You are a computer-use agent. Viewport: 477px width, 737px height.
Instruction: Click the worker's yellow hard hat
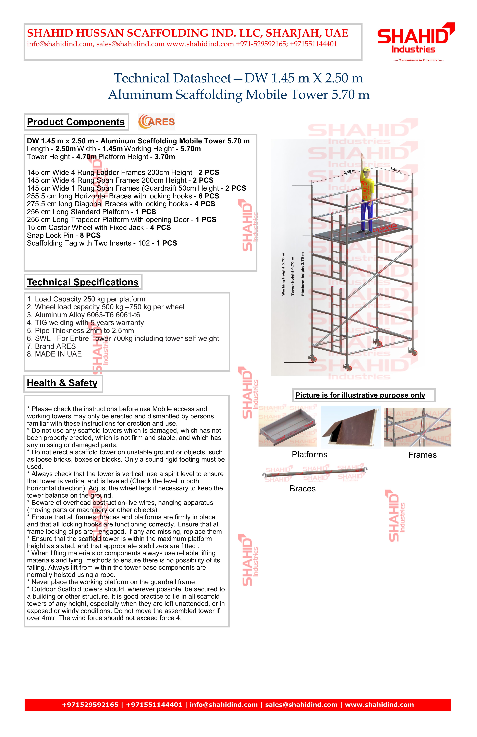(366, 169)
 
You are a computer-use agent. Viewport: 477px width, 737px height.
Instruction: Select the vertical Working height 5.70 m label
(283, 274)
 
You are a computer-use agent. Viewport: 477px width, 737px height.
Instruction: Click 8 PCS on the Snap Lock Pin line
(90, 235)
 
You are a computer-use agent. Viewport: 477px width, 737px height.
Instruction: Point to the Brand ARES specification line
(51, 346)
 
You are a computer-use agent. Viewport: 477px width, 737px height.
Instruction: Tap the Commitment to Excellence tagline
(418, 60)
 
